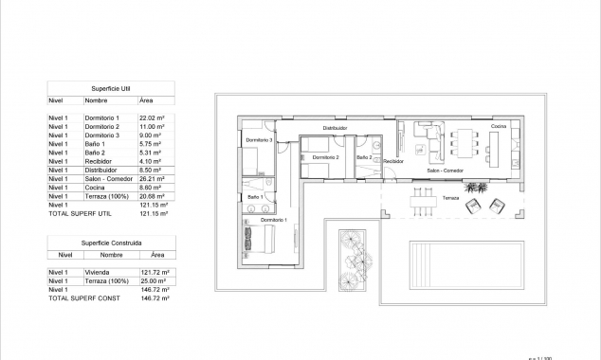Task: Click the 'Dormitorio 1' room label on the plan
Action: [274, 220]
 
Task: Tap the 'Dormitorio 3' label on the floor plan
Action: [259, 140]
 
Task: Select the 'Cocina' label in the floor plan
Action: [499, 126]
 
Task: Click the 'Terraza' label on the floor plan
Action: [451, 198]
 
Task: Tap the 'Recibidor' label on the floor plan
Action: [393, 162]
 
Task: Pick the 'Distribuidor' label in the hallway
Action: [335, 127]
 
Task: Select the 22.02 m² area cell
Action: [153, 117]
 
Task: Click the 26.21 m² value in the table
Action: [153, 178]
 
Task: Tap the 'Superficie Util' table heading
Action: [111, 86]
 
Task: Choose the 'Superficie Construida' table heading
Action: [111, 243]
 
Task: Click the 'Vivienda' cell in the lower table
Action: [97, 273]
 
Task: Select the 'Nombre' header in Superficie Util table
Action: [96, 99]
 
